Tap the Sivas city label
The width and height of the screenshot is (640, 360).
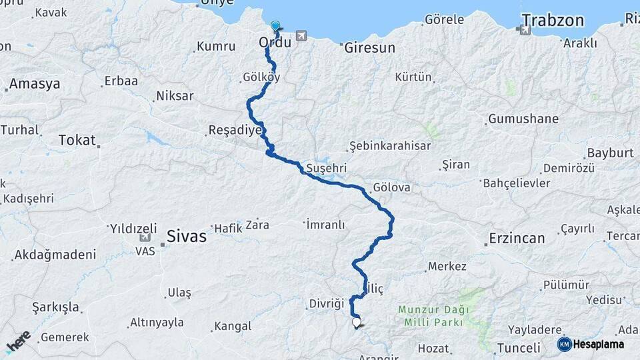(186, 236)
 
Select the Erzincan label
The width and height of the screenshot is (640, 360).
(517, 237)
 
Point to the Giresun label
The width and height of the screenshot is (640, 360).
(369, 48)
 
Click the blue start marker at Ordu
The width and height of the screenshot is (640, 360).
(275, 27)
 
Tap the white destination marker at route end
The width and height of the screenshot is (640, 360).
(356, 323)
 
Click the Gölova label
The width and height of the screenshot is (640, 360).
(392, 187)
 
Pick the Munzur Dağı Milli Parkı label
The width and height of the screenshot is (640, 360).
(433, 316)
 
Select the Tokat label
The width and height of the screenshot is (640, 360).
(77, 140)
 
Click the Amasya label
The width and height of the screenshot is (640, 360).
(35, 84)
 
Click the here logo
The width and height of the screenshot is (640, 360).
(18, 341)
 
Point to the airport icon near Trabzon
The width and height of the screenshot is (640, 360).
(525, 29)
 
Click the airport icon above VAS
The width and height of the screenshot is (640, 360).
(145, 237)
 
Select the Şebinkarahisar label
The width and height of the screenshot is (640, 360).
(390, 146)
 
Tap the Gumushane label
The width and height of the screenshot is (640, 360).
(523, 119)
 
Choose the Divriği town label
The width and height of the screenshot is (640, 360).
(325, 304)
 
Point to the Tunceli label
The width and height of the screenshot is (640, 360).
(518, 347)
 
